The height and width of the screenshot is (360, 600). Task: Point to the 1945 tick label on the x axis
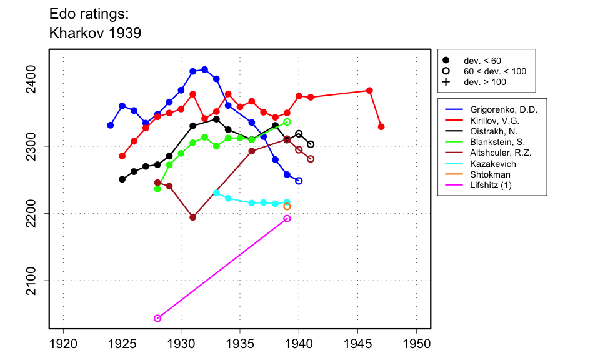pos(357,344)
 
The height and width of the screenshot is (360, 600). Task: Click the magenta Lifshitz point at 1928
pos(157,318)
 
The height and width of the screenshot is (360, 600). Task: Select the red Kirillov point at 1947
pos(381,127)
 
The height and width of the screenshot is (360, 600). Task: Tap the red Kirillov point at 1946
pos(369,91)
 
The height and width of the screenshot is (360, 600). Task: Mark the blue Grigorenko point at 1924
pos(111,125)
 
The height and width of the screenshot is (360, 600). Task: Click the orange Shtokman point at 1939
pos(287,206)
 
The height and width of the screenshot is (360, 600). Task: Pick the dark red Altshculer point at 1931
pos(192,217)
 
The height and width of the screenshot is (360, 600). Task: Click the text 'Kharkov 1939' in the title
pos(95,33)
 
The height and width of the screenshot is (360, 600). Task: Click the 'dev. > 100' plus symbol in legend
pos(446,82)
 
